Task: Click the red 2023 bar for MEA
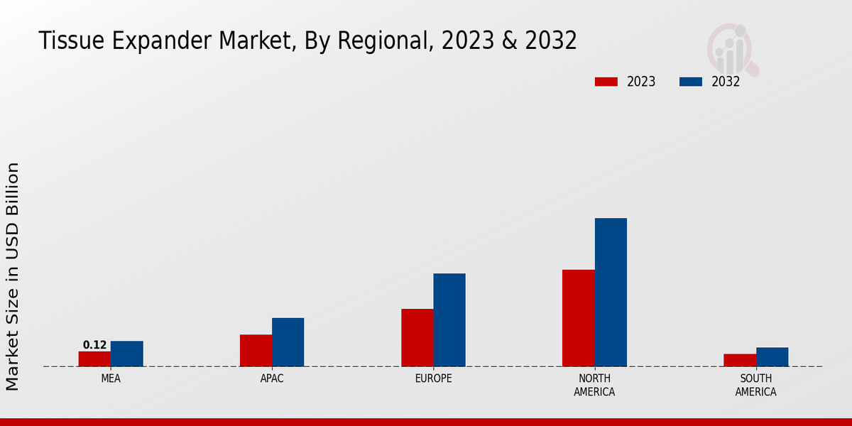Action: coord(94,359)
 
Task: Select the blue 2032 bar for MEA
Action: coord(126,354)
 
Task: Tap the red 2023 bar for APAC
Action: coord(256,350)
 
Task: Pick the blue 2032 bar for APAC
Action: coord(288,342)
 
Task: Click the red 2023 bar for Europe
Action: coord(417,337)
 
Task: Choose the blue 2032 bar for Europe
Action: coord(449,319)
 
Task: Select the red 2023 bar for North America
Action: coord(578,317)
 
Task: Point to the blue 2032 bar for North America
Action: coord(611,292)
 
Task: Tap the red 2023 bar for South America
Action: coord(739,360)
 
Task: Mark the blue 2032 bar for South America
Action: coord(772,356)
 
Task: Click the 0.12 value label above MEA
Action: coord(94,345)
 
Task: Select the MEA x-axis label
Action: coord(111,378)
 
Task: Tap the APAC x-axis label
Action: coord(272,378)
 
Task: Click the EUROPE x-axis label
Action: coord(433,378)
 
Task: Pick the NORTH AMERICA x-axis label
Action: coord(594,385)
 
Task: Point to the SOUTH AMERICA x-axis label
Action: coord(755,385)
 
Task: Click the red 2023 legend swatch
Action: coord(606,82)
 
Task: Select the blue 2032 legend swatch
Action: coord(691,82)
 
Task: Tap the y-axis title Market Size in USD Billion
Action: coord(13,276)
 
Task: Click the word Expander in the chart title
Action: coord(163,41)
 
